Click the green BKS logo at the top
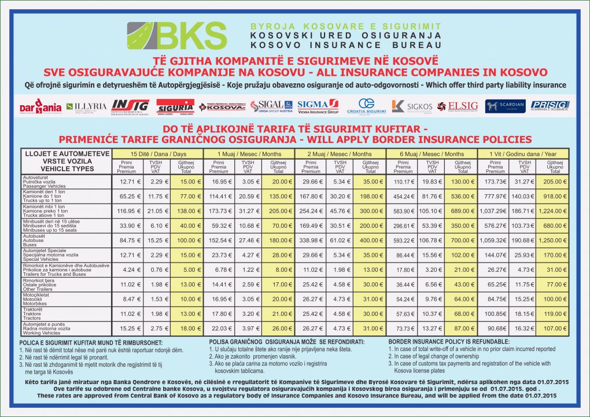pos(177,36)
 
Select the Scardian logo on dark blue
pos(505,106)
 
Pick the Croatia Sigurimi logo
pos(366,106)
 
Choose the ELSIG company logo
pos(458,106)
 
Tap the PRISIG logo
pos(550,106)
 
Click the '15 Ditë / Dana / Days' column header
pos(158,154)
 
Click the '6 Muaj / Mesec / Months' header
pos(432,154)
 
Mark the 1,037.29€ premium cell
pos(495,211)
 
